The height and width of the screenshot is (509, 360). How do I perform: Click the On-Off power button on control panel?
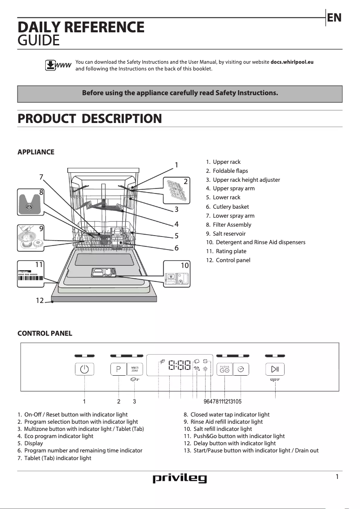(x=84, y=369)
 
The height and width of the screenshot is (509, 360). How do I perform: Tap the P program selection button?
(x=119, y=369)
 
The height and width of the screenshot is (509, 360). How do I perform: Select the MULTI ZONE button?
(x=135, y=369)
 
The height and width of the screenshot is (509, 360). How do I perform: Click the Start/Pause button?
(x=275, y=369)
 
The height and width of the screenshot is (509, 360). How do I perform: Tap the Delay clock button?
(x=241, y=369)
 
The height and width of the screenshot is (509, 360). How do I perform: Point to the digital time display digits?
(x=180, y=365)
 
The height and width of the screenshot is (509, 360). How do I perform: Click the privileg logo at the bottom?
(x=180, y=478)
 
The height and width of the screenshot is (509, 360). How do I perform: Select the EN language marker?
(x=334, y=18)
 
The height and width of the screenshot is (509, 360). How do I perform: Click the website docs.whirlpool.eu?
(x=291, y=62)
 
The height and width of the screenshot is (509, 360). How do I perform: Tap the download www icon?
(x=58, y=66)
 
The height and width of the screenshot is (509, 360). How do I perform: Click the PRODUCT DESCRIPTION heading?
(x=89, y=119)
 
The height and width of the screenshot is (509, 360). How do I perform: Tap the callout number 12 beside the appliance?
(x=40, y=300)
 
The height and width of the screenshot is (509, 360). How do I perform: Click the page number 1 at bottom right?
(x=337, y=477)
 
